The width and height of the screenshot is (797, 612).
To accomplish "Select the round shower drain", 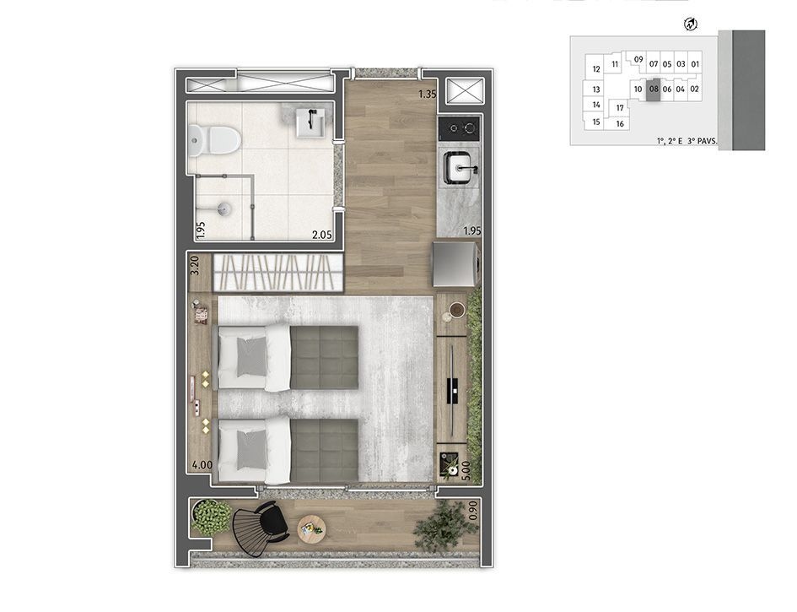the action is click(223, 208).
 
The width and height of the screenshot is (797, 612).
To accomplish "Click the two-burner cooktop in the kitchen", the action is click(459, 127).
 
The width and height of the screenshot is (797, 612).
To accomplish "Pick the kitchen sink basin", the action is click(459, 167).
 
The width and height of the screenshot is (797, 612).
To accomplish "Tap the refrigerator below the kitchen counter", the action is click(455, 264).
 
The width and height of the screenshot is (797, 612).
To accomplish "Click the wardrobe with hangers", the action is click(277, 274).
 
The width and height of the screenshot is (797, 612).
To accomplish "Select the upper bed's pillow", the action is click(251, 357).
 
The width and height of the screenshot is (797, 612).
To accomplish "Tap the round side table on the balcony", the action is click(311, 528).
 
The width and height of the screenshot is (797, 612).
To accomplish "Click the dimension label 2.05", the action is click(321, 235).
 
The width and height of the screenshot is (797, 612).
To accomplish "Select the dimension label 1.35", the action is click(428, 94).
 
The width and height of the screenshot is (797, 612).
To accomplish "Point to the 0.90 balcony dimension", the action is click(472, 510).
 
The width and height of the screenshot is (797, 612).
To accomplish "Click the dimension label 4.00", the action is click(202, 465).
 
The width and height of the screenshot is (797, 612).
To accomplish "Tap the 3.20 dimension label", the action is click(194, 266).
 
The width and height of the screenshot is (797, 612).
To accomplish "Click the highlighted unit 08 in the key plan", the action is click(654, 89).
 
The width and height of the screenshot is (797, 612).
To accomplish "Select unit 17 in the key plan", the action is click(620, 108).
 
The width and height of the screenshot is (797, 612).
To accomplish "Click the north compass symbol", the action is click(691, 24).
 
